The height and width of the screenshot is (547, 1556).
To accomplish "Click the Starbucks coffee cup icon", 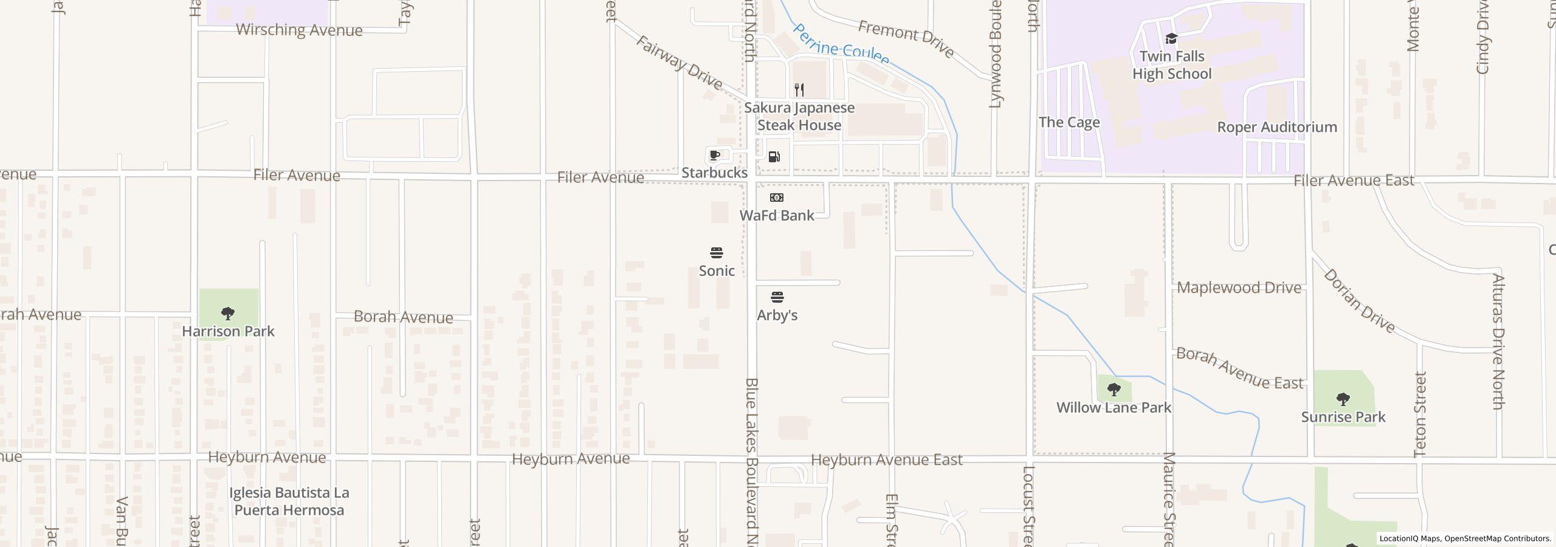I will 715,156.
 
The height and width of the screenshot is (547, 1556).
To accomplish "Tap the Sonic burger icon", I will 717,253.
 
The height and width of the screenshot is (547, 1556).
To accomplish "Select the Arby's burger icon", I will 777,297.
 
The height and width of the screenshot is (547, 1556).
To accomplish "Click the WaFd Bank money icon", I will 777,198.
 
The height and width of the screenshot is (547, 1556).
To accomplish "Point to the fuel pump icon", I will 774,157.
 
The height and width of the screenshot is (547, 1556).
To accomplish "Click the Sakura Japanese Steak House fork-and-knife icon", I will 799,90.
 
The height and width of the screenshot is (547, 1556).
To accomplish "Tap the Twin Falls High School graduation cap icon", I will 1171,39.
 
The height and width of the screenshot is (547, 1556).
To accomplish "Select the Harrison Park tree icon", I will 228,314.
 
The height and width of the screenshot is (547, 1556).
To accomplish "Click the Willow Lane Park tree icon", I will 1114,390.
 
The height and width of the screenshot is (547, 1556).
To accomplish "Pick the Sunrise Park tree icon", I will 1343,399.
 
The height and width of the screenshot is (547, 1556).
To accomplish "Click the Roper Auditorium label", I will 1277,127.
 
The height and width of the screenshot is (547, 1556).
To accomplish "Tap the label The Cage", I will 1069,122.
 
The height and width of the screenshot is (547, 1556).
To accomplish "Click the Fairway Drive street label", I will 679,62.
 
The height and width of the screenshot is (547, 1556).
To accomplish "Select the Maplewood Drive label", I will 1239,287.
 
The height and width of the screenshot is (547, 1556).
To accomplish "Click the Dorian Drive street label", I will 1360,301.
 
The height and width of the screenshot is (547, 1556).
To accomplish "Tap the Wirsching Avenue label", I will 299,30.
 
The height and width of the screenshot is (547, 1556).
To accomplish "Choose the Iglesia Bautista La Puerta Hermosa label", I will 289,501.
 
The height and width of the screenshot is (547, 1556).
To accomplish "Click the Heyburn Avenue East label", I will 886,460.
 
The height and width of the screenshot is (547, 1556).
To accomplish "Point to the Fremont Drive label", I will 906,38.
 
